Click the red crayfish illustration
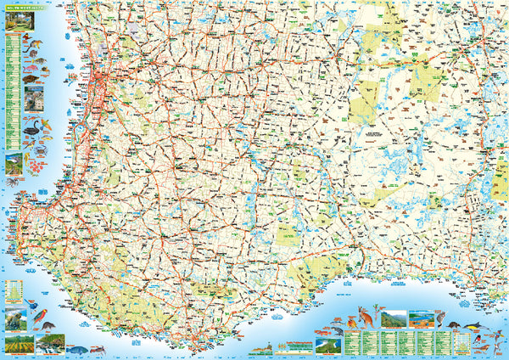pyautogui.click(x=101, y=349)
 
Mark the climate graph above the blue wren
pyautogui.click(x=13, y=294)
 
